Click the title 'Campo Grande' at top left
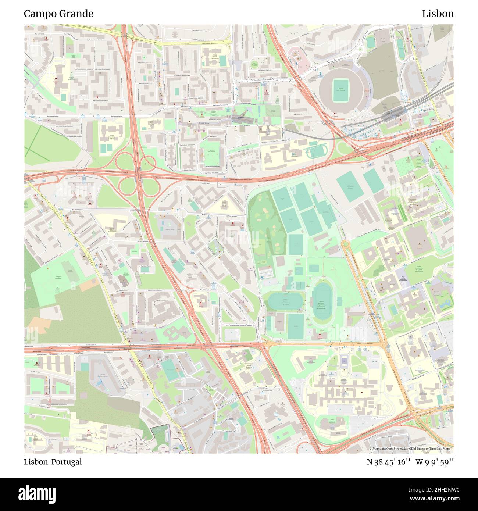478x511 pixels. point(58,14)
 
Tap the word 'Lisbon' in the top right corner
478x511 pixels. point(438,14)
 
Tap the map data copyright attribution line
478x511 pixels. point(411,449)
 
